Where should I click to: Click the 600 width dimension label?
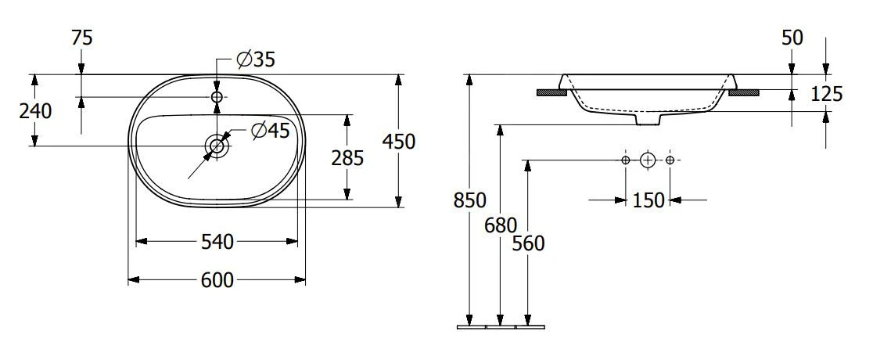click(217, 279)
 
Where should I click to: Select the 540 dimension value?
click(217, 242)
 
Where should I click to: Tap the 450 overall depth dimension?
click(399, 141)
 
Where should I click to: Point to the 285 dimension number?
click(348, 158)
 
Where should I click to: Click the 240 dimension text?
click(35, 111)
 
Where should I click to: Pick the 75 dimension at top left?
click(81, 38)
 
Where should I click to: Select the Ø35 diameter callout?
click(257, 59)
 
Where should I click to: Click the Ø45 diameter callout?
click(271, 131)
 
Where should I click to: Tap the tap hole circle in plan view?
click(217, 96)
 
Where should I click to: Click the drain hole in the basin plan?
click(217, 146)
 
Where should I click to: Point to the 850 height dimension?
click(469, 200)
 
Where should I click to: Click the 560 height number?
click(528, 243)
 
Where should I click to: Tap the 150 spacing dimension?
click(648, 200)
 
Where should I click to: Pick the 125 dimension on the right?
click(827, 95)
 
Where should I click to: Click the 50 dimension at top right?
click(792, 38)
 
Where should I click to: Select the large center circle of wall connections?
click(647, 160)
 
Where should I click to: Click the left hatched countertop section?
click(551, 92)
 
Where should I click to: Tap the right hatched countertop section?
click(743, 92)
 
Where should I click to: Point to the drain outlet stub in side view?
click(648, 120)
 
